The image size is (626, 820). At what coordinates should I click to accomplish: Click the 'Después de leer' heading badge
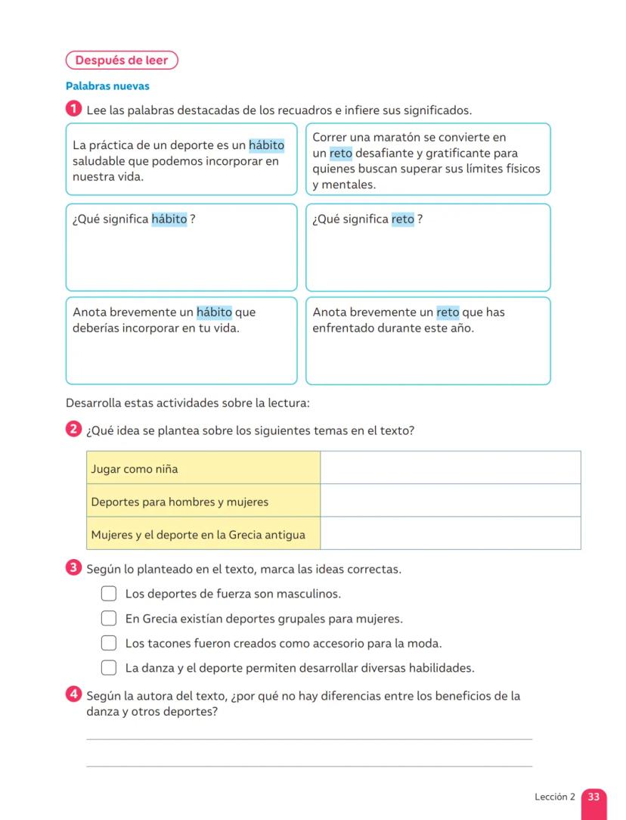(122, 61)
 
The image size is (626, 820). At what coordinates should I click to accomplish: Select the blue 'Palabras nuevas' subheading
(107, 86)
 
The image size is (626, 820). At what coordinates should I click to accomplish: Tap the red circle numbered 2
(73, 430)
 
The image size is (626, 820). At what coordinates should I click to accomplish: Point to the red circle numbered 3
(73, 567)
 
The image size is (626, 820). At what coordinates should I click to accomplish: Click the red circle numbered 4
(73, 694)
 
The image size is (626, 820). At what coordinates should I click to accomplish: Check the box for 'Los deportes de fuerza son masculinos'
(109, 594)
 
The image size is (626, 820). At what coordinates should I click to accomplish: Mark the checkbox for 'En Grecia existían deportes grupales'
(109, 619)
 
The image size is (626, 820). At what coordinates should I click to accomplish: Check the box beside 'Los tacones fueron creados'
(109, 644)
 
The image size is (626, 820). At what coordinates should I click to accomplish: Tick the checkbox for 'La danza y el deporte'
(109, 668)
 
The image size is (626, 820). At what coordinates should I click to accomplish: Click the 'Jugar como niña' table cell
(203, 468)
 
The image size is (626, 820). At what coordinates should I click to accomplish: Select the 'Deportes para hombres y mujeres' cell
(203, 501)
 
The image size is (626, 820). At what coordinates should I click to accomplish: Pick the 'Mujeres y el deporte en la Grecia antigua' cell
(203, 534)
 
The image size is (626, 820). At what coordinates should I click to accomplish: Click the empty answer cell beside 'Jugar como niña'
(450, 468)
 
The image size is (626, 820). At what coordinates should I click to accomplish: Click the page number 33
(593, 797)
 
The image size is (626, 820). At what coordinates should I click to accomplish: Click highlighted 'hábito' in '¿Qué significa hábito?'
(169, 219)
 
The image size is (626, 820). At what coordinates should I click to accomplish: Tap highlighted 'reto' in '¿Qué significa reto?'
(402, 219)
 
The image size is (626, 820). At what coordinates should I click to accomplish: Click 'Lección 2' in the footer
(554, 797)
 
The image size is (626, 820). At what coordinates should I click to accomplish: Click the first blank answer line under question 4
(309, 738)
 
